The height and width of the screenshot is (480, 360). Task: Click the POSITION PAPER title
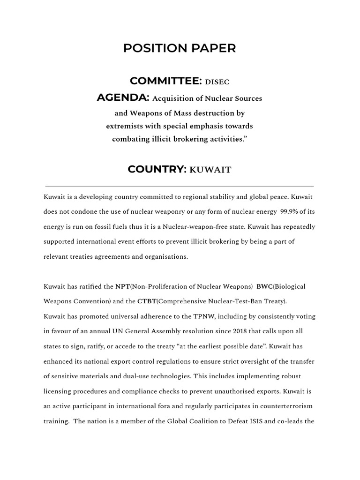point(180,48)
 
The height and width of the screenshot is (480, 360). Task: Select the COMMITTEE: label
point(165,81)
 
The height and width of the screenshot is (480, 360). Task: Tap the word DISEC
point(217,82)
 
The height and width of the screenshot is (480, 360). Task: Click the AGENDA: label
point(123,97)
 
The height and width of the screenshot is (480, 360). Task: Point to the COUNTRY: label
point(157,169)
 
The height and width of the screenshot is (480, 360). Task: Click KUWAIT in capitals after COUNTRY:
point(210,170)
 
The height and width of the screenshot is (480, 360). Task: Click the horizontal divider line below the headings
point(180,186)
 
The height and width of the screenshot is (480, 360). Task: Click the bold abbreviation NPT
point(122,286)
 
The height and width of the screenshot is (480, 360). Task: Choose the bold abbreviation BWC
point(264,286)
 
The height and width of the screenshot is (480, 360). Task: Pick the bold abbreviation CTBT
point(147,301)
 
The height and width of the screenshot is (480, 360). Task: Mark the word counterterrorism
point(284,406)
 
